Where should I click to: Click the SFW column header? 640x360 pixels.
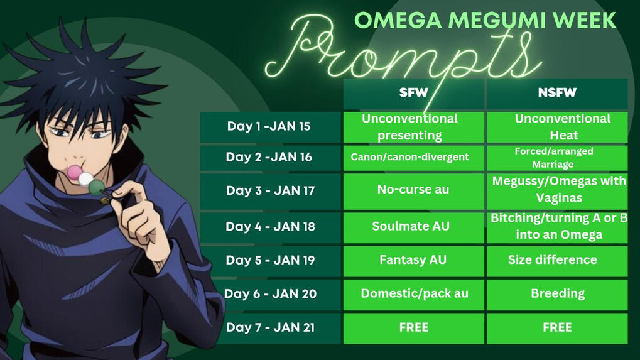pos(414,93)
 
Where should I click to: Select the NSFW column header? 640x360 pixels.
pos(557,93)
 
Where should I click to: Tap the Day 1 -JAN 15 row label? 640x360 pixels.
pos(270,127)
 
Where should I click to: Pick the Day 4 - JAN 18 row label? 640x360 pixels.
pos(270,227)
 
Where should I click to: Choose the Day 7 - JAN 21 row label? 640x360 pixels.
pos(270,328)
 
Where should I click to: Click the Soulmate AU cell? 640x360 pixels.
pos(414,227)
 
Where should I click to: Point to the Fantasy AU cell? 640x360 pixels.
pos(414,260)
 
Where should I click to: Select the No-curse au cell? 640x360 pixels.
pos(414,191)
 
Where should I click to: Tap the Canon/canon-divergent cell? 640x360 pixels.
pos(414,158)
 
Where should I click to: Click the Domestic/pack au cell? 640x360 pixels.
pos(414,294)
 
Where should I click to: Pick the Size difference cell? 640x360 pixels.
pos(557,260)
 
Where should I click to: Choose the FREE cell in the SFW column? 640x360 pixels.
pos(414,328)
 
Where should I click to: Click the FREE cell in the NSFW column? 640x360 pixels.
pos(557,328)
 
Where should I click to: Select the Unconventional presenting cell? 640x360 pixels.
pos(414,127)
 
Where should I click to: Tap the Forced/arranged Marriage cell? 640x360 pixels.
pos(557,158)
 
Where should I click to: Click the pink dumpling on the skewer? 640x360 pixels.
pos(74,172)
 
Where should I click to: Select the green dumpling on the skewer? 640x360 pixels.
pos(96,187)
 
